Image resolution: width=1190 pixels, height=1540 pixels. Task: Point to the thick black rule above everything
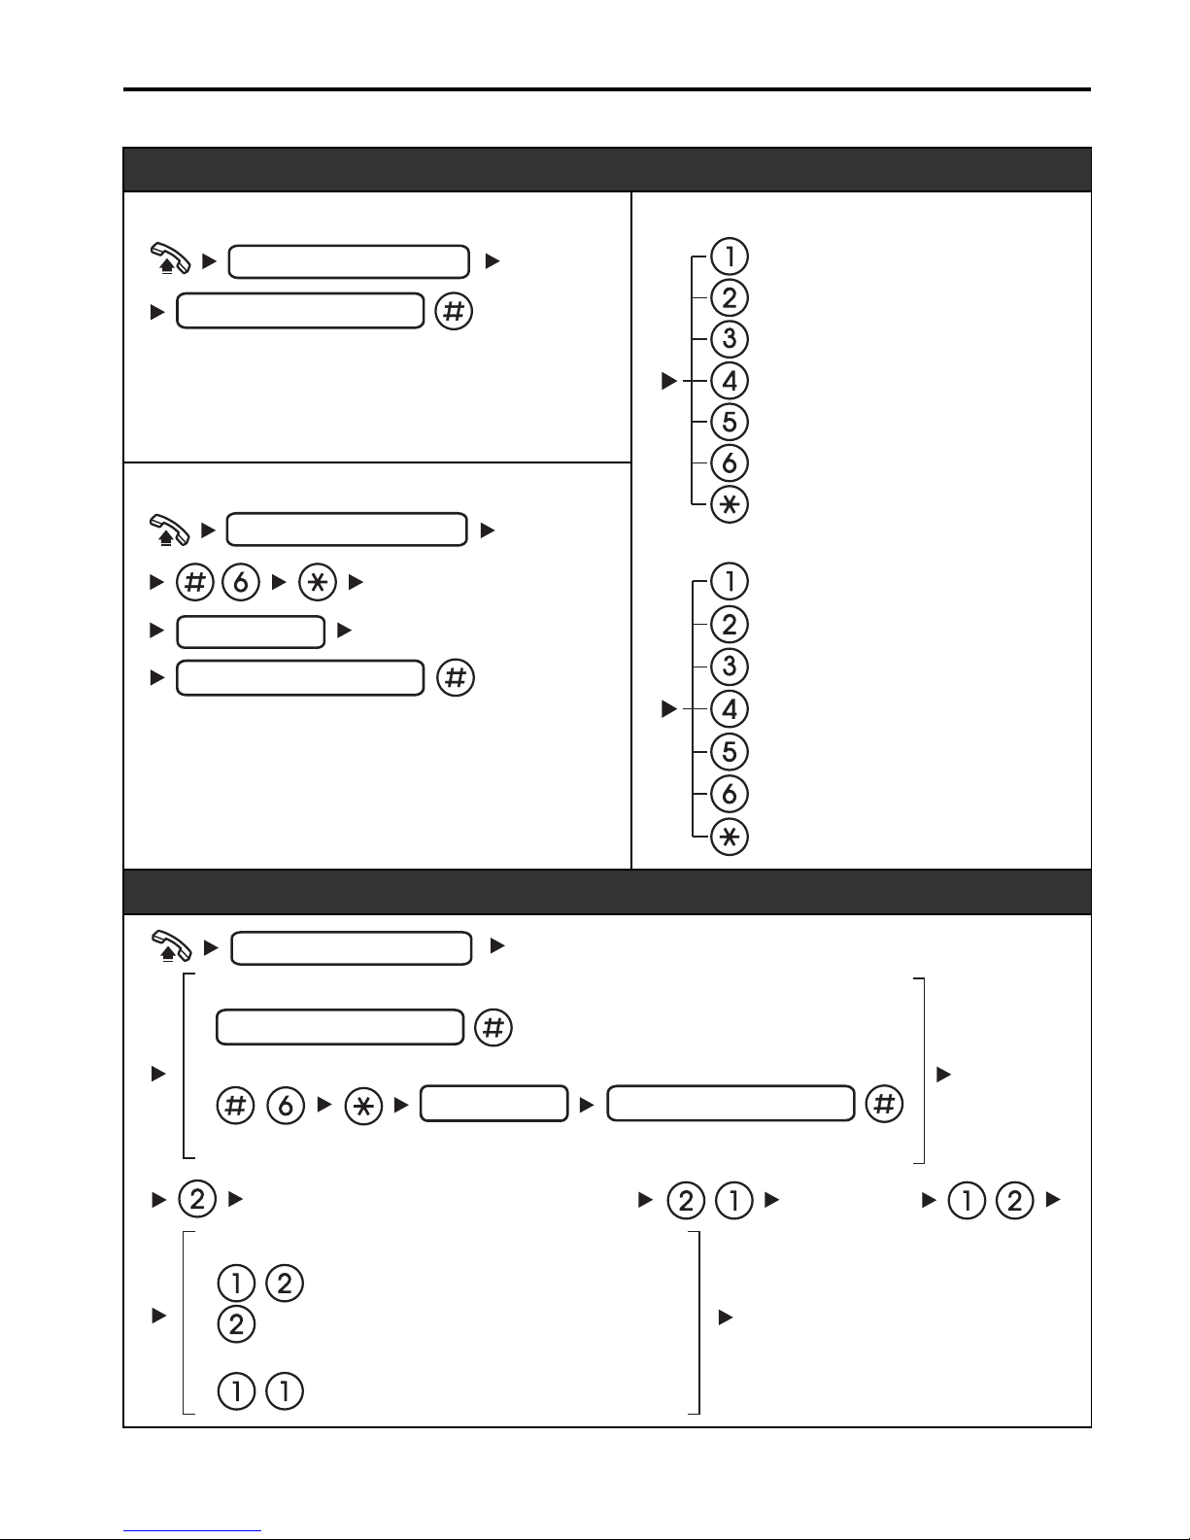pyautogui.click(x=607, y=89)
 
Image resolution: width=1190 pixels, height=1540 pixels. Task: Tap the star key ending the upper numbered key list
pyautogui.click(x=729, y=504)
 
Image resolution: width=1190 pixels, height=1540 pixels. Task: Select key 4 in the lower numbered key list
pyautogui.click(x=729, y=708)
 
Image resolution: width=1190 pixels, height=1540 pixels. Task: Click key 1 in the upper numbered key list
pyautogui.click(x=729, y=257)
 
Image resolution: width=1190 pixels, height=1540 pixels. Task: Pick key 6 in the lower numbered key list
pyautogui.click(x=729, y=794)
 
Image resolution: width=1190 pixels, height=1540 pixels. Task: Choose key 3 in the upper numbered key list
pyautogui.click(x=729, y=339)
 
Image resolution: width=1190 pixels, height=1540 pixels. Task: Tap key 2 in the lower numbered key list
pyautogui.click(x=729, y=625)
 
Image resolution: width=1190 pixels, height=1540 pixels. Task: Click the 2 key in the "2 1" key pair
pyautogui.click(x=686, y=1201)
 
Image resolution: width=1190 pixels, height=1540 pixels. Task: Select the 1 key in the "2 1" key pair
pyautogui.click(x=733, y=1201)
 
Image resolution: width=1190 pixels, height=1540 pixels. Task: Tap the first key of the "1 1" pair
pyautogui.click(x=236, y=1390)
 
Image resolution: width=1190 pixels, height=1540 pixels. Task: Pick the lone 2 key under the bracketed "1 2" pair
pyautogui.click(x=236, y=1324)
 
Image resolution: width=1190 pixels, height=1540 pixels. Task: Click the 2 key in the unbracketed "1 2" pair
pyautogui.click(x=1014, y=1201)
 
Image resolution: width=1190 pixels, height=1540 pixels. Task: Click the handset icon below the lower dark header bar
pyautogui.click(x=171, y=946)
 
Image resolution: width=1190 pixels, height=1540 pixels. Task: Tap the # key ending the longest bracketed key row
pyautogui.click(x=884, y=1104)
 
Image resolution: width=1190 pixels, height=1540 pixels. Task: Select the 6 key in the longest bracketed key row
pyautogui.click(x=286, y=1105)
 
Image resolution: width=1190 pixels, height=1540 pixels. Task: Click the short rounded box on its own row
pyautogui.click(x=251, y=633)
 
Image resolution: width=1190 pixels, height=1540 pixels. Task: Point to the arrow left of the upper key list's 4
pyautogui.click(x=669, y=381)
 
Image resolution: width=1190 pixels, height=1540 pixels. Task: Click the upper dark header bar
pyautogui.click(x=607, y=169)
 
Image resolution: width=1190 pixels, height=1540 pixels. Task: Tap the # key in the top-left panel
pyautogui.click(x=454, y=311)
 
